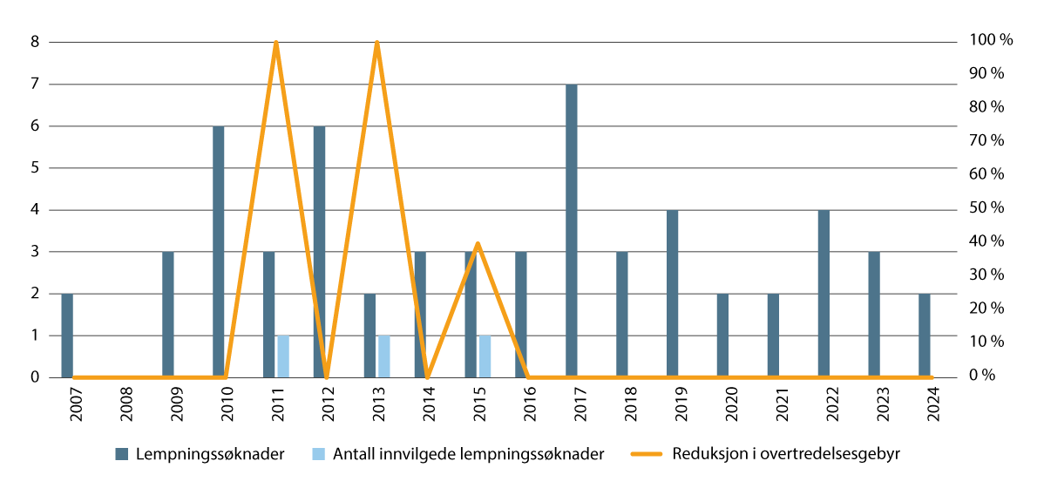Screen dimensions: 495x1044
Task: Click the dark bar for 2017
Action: [571, 231]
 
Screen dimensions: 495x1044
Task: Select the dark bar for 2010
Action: [219, 252]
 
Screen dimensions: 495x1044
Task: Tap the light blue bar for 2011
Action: [283, 356]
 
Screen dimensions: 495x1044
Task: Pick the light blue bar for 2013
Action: [384, 356]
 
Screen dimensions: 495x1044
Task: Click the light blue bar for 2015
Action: [485, 356]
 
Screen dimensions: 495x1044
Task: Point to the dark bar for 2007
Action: [67, 336]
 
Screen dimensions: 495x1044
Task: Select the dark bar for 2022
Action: [823, 294]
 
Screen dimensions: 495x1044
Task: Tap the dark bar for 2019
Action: [672, 294]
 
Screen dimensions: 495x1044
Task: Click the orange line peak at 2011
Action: [276, 43]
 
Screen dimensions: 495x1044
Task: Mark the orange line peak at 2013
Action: [377, 43]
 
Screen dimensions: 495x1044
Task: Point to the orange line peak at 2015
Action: [478, 243]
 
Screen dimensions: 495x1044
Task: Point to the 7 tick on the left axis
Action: [35, 85]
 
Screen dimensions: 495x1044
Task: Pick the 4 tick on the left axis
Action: [35, 210]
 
